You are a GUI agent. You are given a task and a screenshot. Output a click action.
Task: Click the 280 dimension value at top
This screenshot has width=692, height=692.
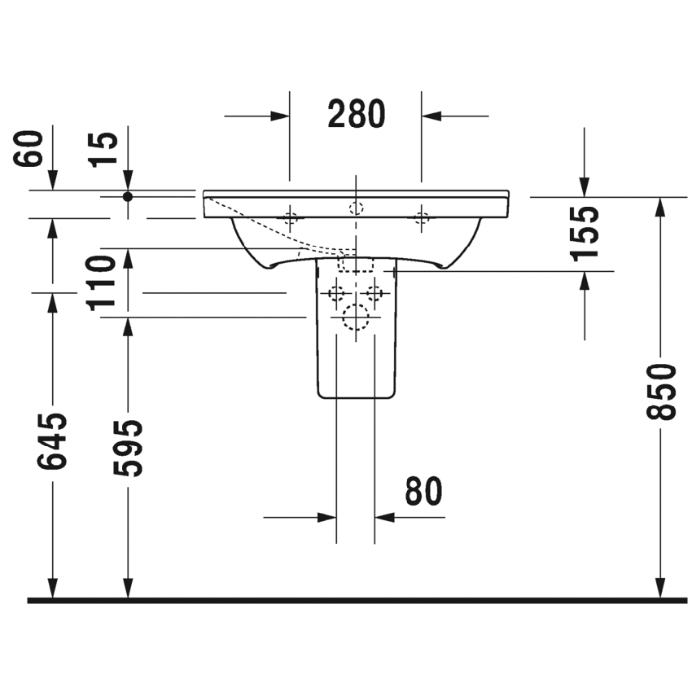tap(356, 115)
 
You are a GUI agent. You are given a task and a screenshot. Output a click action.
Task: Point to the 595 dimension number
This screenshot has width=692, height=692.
tap(127, 448)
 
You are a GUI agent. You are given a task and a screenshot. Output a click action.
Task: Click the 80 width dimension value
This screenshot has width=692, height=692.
tap(423, 491)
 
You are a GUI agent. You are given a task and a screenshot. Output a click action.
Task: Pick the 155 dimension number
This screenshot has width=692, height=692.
tap(584, 233)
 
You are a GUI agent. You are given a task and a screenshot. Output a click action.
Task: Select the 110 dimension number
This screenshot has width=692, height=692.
tap(103, 282)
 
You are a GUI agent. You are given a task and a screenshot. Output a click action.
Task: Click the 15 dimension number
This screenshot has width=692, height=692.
tap(104, 148)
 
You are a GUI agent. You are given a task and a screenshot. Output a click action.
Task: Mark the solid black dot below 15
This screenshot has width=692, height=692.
tap(128, 196)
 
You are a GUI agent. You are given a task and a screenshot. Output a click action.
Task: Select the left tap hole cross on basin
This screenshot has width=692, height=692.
tap(290, 217)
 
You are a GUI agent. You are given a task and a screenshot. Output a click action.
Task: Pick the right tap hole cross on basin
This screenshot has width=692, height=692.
tap(421, 217)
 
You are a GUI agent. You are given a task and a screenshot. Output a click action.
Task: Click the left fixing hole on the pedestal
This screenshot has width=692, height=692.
tap(335, 292)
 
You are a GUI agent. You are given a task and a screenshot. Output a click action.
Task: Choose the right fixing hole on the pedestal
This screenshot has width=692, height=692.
tap(374, 292)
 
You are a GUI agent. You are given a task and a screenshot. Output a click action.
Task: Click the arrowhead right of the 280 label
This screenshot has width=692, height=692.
tap(430, 116)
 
